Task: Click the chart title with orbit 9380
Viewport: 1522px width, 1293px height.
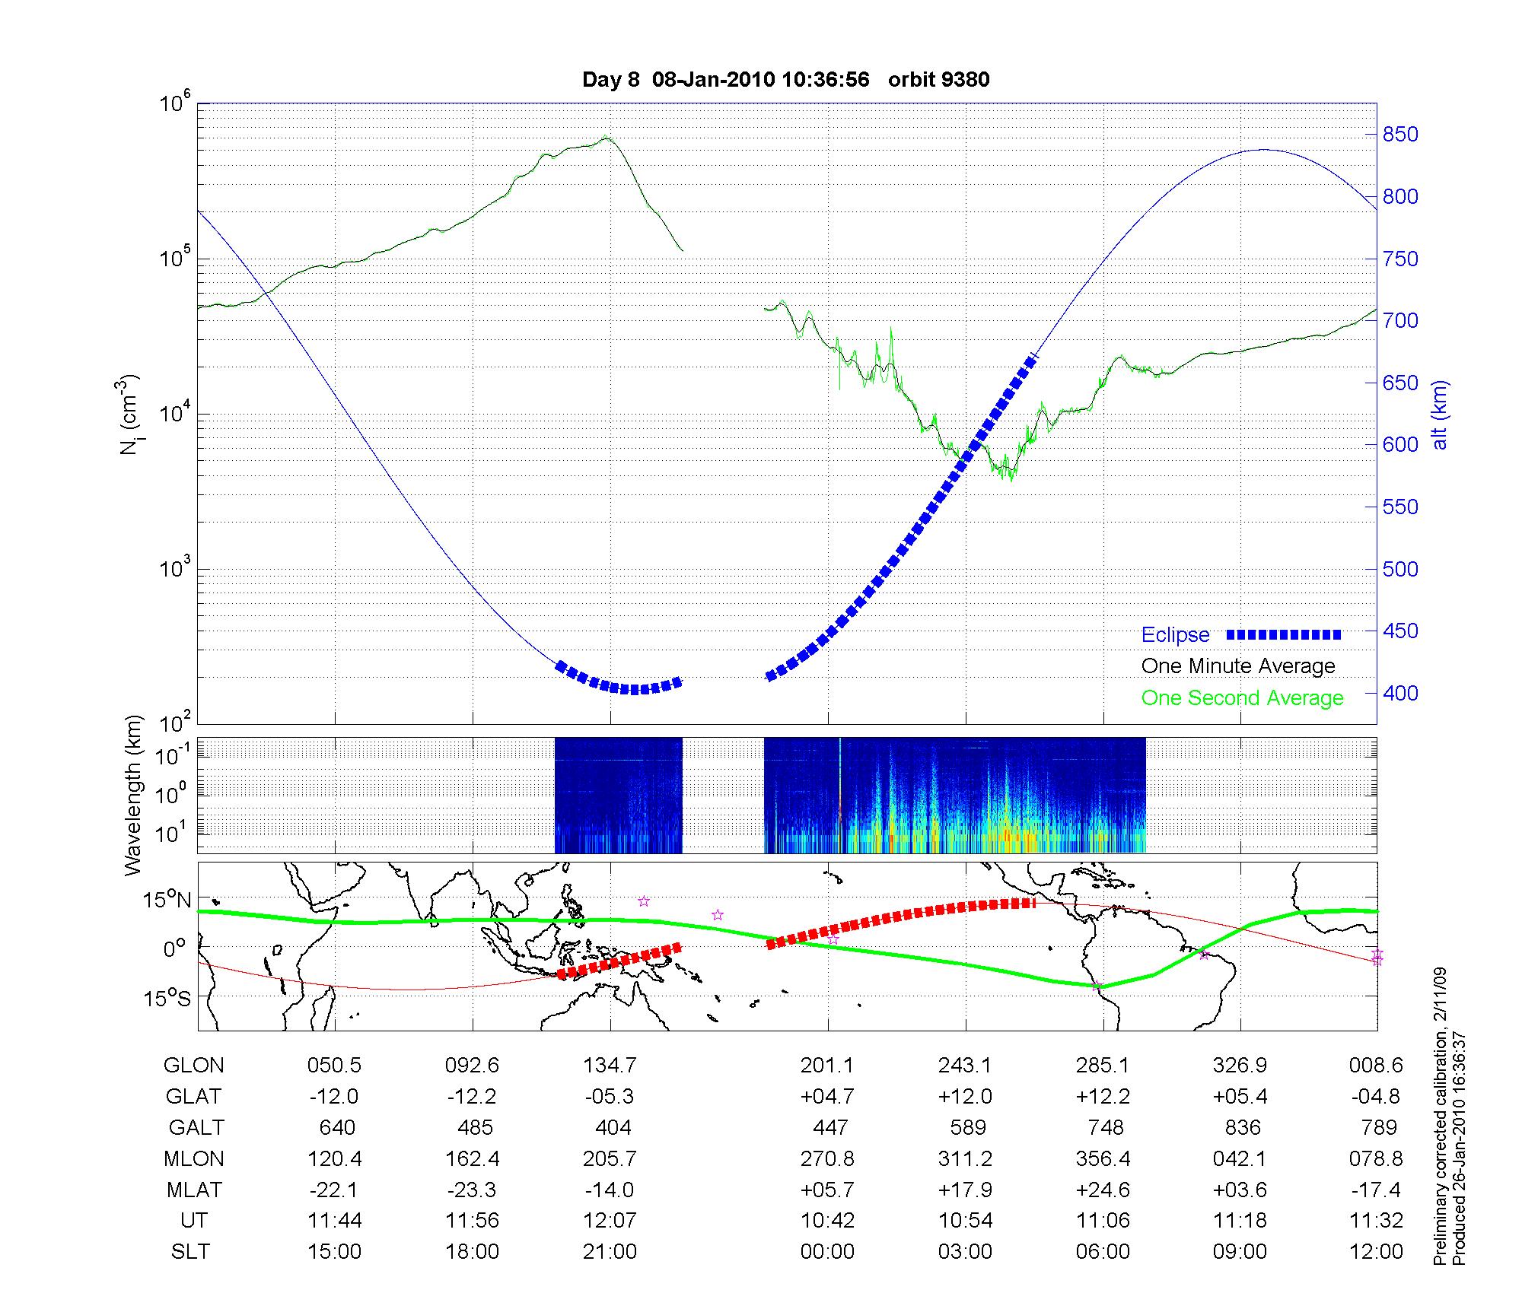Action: click(785, 80)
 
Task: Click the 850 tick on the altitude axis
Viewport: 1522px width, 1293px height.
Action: click(1400, 135)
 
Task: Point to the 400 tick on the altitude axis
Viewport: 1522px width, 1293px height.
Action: click(1400, 693)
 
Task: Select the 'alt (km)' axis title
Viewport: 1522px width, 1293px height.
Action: click(1440, 415)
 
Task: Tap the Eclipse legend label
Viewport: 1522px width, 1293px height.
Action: click(1175, 635)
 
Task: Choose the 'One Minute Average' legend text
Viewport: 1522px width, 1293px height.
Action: click(1238, 666)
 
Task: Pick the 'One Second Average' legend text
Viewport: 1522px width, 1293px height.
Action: click(1242, 698)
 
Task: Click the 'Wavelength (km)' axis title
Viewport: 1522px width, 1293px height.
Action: click(134, 795)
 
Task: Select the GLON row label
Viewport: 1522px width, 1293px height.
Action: click(193, 1066)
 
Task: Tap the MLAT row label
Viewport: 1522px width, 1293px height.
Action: click(194, 1190)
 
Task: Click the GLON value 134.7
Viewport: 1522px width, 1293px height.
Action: click(610, 1066)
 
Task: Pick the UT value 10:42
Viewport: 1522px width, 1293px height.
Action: click(827, 1221)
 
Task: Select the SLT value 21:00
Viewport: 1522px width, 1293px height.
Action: click(610, 1252)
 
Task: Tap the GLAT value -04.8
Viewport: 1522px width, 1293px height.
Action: click(1376, 1097)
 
